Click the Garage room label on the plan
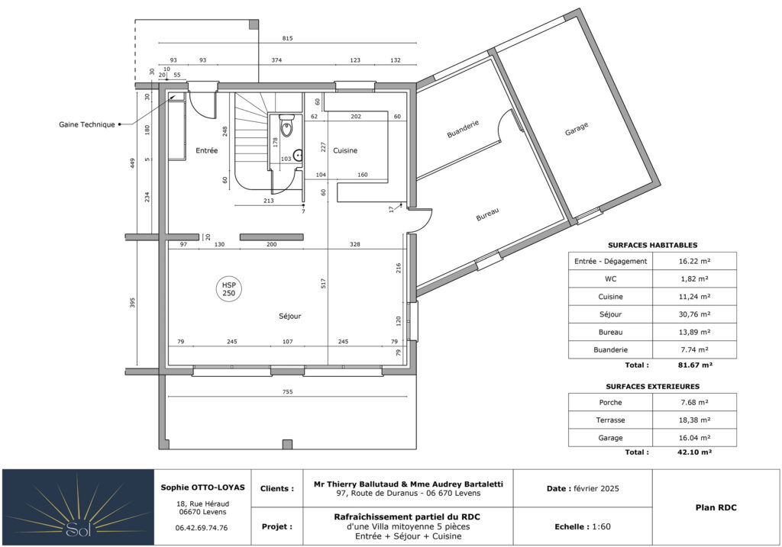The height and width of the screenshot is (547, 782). (x=577, y=129)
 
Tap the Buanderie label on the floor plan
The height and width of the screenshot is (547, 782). (x=463, y=128)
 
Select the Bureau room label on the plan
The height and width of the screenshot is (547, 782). (x=487, y=214)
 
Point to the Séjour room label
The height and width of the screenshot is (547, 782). (x=289, y=316)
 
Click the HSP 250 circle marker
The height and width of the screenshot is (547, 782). (x=229, y=289)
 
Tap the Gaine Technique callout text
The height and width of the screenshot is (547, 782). (x=87, y=124)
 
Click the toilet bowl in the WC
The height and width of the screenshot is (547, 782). (x=287, y=127)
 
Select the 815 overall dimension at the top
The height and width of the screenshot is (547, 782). (x=287, y=38)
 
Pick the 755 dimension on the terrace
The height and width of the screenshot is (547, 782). (x=287, y=391)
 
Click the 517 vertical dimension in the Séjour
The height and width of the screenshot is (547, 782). (x=323, y=284)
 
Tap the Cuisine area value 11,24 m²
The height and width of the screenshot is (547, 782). (x=694, y=297)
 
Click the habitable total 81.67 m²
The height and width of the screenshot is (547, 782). (x=695, y=365)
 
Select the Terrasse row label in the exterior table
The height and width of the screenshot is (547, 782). (x=610, y=420)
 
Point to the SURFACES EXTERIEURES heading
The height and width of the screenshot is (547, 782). (x=652, y=386)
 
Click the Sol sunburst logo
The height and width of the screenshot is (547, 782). (x=79, y=507)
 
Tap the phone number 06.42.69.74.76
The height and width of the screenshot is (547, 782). (x=202, y=528)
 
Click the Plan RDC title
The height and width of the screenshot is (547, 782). (x=716, y=507)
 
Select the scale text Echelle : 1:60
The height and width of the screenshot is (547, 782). (x=583, y=526)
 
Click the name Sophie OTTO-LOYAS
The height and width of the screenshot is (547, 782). (x=202, y=487)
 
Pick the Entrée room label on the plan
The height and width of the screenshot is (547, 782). (x=206, y=150)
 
